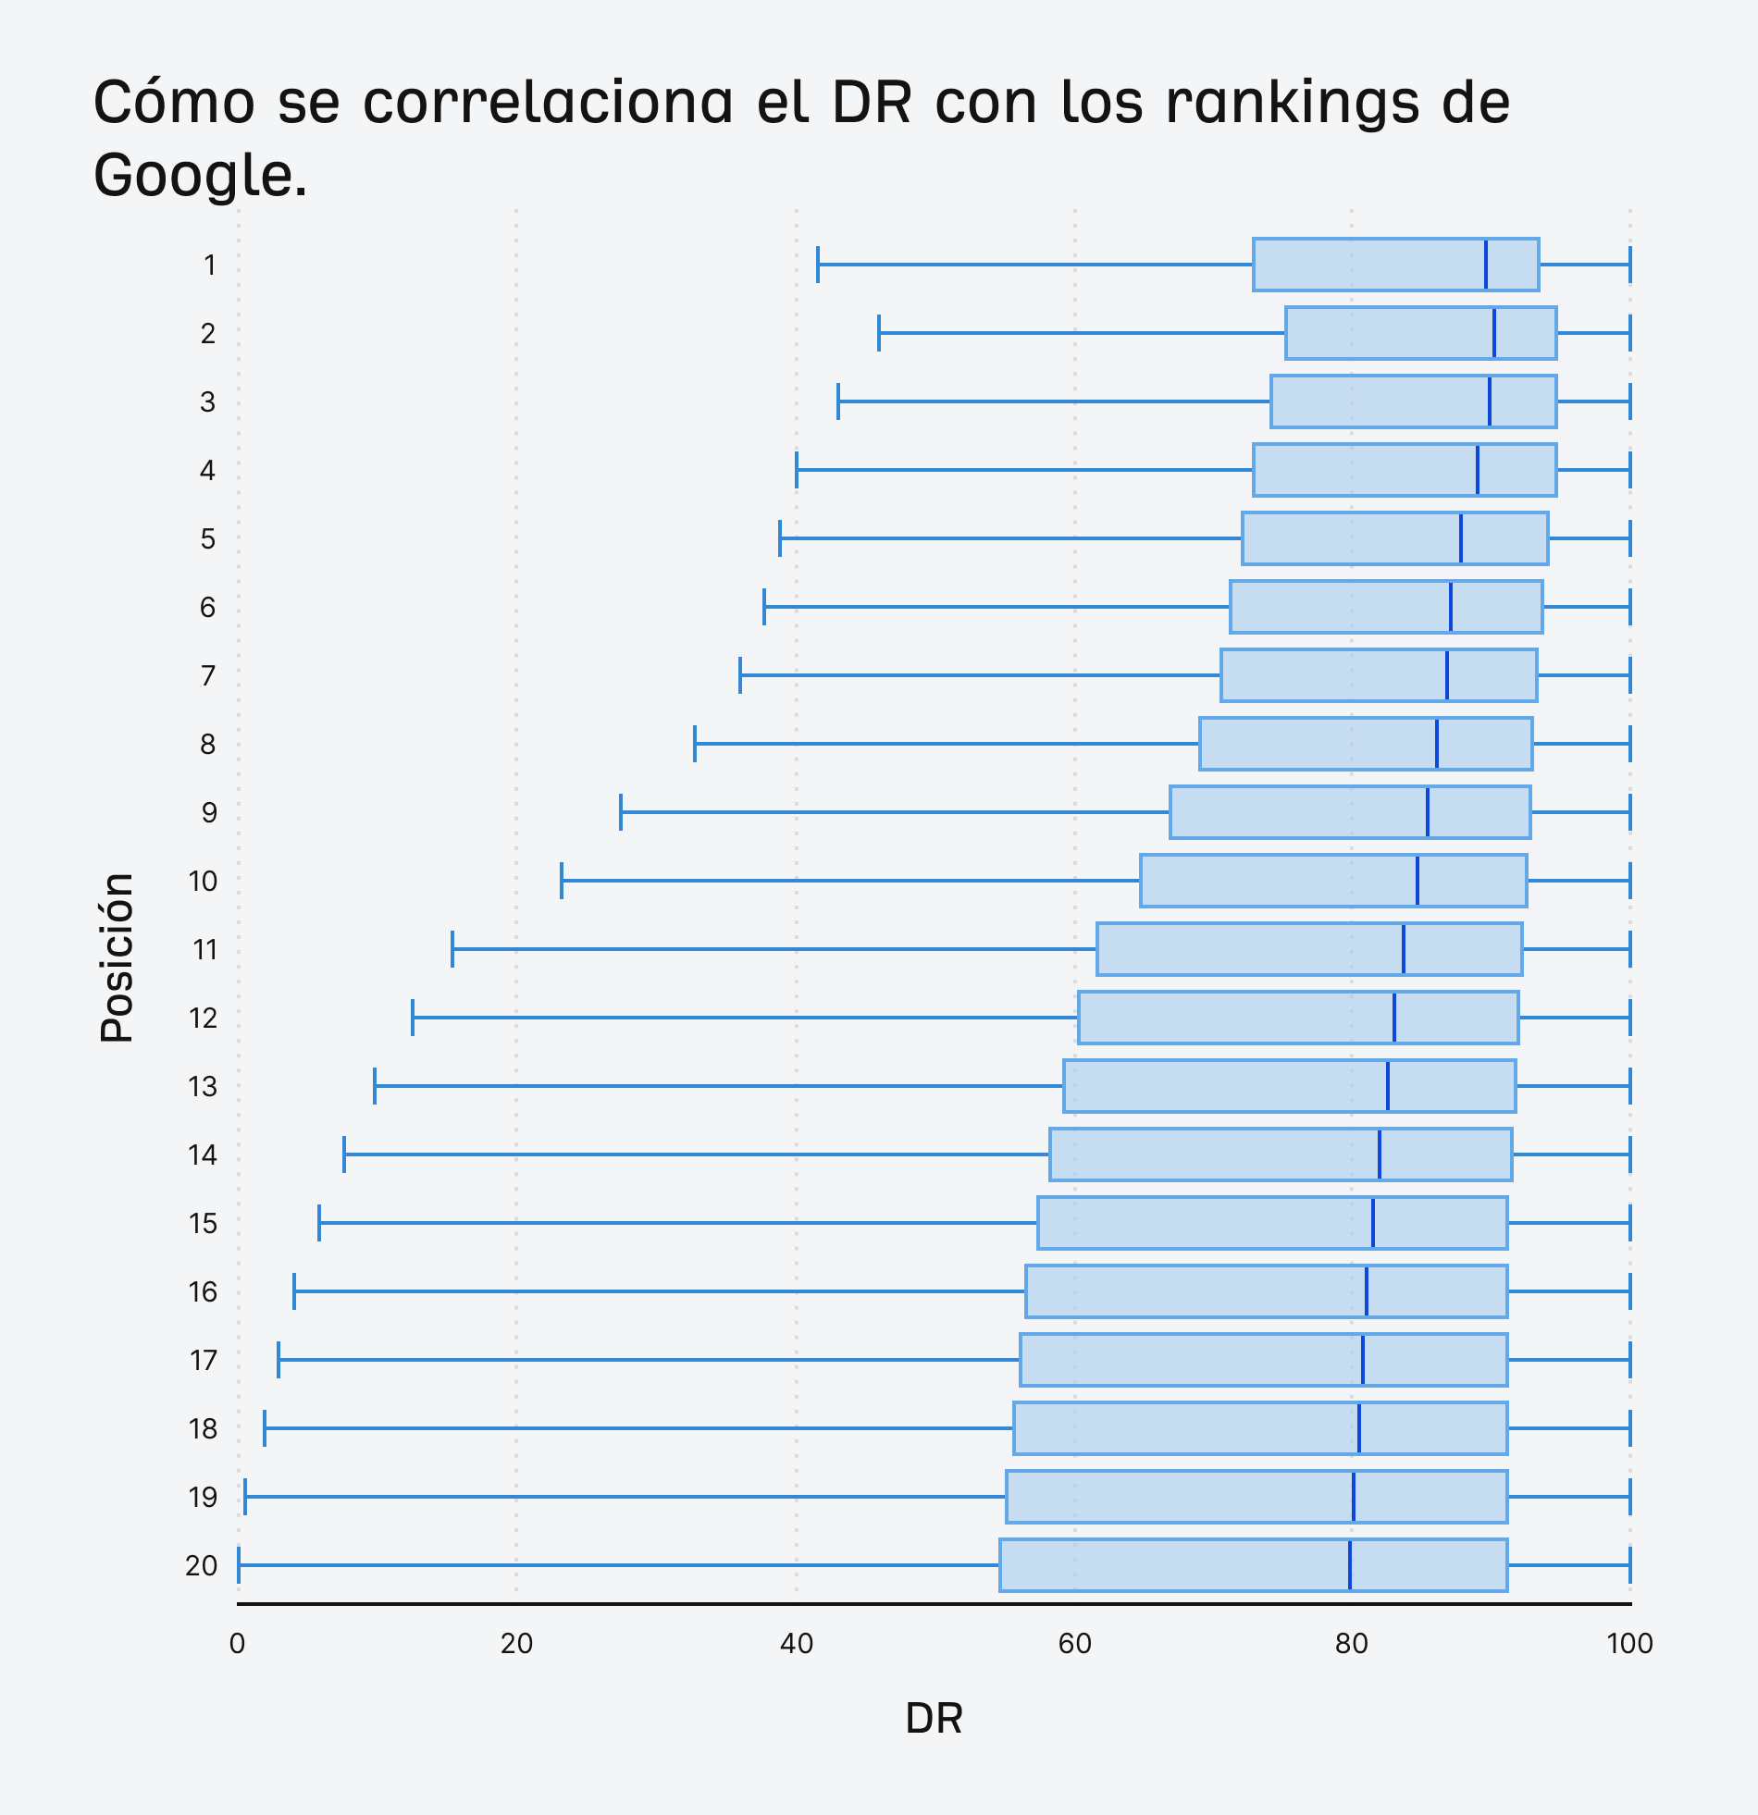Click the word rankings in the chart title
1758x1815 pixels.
[x=1291, y=102]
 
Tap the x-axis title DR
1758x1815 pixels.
[x=934, y=1719]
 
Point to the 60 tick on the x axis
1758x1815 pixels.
[x=1074, y=1644]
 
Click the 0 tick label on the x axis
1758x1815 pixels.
[x=237, y=1644]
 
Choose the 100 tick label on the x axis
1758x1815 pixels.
[x=1629, y=1644]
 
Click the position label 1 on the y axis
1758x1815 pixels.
[x=210, y=265]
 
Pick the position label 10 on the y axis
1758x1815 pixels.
[x=203, y=882]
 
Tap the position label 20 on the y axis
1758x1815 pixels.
[x=201, y=1566]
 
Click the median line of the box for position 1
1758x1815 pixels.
[x=1486, y=265]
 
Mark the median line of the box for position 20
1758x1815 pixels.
[x=1350, y=1565]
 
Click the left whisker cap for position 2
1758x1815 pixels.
[x=879, y=333]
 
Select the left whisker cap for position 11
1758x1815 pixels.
[x=452, y=949]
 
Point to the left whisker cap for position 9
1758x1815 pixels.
[x=621, y=812]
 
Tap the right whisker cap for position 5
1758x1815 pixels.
[x=1629, y=538]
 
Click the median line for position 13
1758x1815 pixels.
[x=1388, y=1085]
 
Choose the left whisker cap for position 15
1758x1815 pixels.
[x=319, y=1222]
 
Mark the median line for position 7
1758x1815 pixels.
[x=1447, y=675]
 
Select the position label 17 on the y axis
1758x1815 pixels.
[x=203, y=1360]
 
